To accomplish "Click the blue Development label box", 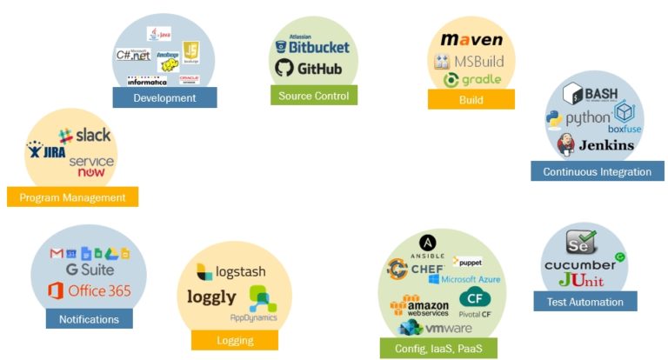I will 164,97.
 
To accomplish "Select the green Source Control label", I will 314,95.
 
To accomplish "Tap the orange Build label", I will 471,100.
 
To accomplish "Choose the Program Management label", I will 72,197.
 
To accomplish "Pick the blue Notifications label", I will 89,319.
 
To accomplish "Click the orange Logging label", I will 235,340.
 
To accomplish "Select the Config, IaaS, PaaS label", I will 438,349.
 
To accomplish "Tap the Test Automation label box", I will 584,302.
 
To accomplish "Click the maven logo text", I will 471,40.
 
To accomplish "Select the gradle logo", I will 471,80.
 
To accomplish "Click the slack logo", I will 85,136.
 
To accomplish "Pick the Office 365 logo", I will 89,290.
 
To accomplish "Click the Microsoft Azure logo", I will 471,279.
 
